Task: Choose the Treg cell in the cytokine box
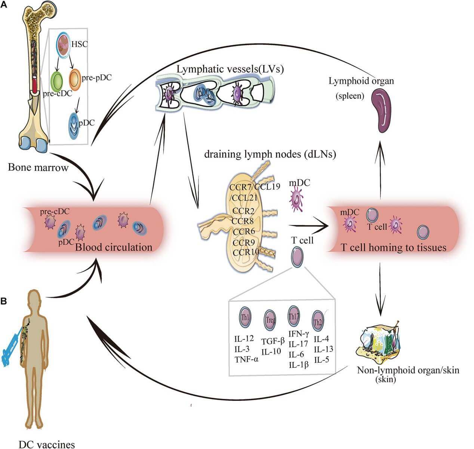[x=271, y=319]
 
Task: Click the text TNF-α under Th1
[x=246, y=359]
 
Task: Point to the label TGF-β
[x=273, y=341]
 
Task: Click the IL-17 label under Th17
[x=298, y=344]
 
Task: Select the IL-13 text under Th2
[x=323, y=349]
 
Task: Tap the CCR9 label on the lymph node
[x=244, y=243]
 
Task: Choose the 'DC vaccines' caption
[x=47, y=444]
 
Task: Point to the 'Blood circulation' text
[x=114, y=247]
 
